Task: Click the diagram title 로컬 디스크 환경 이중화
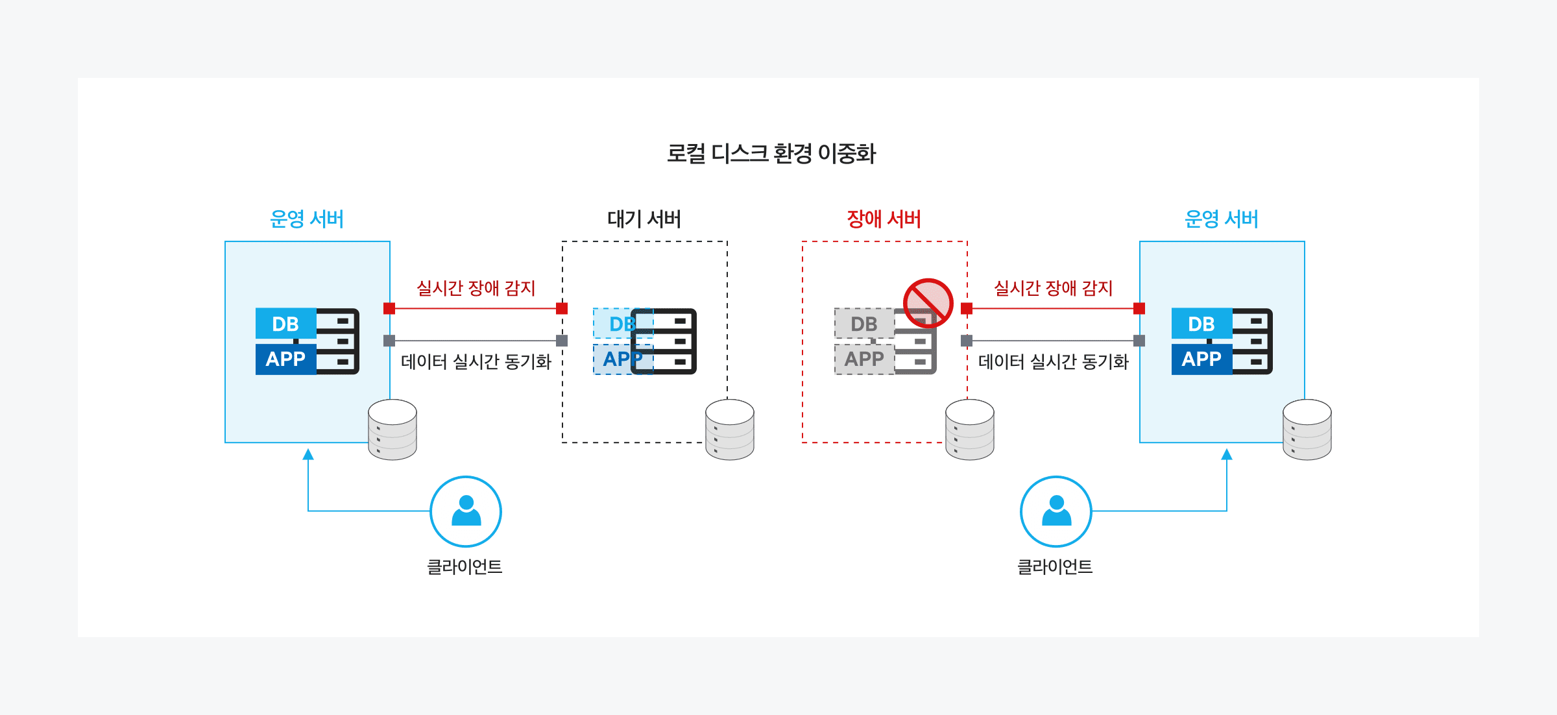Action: [x=771, y=154]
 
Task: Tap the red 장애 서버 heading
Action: [x=884, y=219]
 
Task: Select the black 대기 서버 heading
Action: [x=644, y=219]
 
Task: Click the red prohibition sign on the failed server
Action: [x=928, y=303]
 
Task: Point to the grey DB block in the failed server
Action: [x=863, y=324]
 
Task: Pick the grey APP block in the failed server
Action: [x=863, y=359]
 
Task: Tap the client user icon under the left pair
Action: [x=466, y=511]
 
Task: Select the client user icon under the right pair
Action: [x=1056, y=511]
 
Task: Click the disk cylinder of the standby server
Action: [x=730, y=430]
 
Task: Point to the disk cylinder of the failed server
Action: [x=970, y=430]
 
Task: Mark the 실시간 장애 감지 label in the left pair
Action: [x=476, y=288]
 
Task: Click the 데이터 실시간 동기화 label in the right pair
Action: [x=1053, y=361]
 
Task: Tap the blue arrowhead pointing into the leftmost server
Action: [x=308, y=454]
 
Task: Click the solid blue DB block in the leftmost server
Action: [x=285, y=324]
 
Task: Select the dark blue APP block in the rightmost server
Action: [x=1201, y=359]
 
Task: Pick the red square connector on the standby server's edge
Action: [x=562, y=308]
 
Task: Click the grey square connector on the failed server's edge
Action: [x=967, y=341]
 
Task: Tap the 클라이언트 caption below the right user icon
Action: [x=1055, y=567]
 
